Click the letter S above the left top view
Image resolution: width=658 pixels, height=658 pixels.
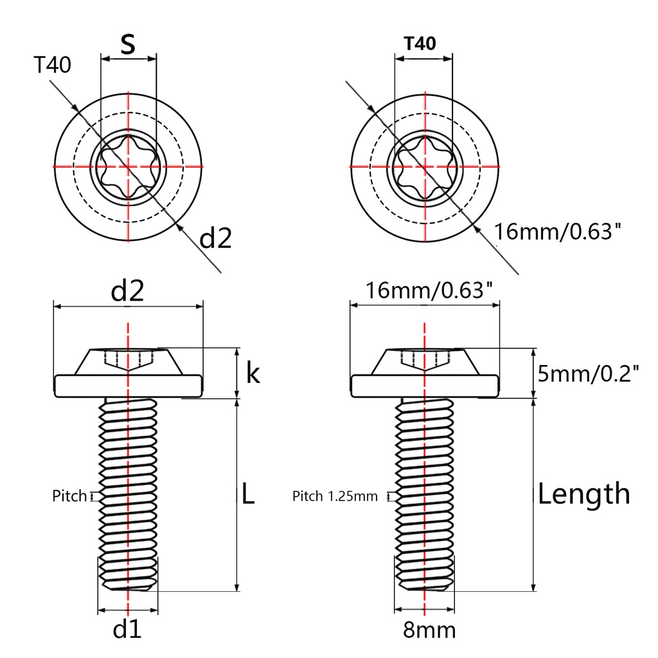tap(129, 45)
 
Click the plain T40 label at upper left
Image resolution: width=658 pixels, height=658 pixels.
tap(53, 66)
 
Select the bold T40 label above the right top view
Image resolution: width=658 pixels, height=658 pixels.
tap(420, 44)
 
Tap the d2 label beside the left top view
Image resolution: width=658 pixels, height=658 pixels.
tap(216, 238)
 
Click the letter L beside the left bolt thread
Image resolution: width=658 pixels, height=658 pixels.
tap(249, 493)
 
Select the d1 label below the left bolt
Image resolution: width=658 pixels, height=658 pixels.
tap(127, 630)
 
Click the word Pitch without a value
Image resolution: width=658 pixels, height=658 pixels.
tap(69, 496)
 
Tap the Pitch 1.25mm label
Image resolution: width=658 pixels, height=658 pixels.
tap(335, 496)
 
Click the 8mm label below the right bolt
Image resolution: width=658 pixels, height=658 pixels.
tap(429, 630)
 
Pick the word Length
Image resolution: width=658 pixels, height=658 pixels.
tap(583, 494)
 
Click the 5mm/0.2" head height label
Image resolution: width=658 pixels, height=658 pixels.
tap(589, 373)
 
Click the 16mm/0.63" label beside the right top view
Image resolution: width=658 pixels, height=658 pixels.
tap(557, 231)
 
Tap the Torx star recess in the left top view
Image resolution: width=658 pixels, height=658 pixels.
tap(129, 166)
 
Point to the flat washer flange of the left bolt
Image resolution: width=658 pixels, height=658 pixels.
tap(129, 386)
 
